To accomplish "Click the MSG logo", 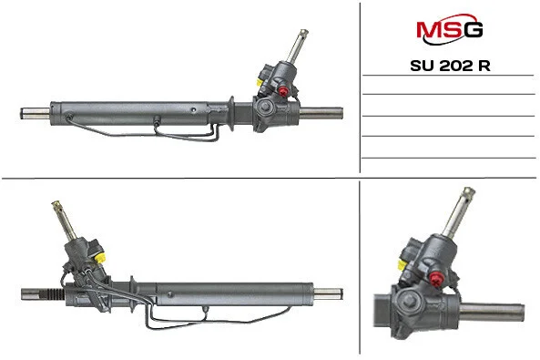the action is pos(450,29).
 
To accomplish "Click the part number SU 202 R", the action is pos(450,66).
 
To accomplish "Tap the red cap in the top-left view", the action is pos(283,91).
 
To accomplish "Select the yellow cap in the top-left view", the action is pos(259,82).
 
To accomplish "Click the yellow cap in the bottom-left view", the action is pos(99,257).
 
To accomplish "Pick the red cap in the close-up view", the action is pos(436,279).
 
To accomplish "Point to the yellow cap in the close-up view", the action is pos(402,265).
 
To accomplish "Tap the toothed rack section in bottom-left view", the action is pos(55,294).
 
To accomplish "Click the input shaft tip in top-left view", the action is pos(303,33).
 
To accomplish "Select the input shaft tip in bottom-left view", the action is pos(56,205).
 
